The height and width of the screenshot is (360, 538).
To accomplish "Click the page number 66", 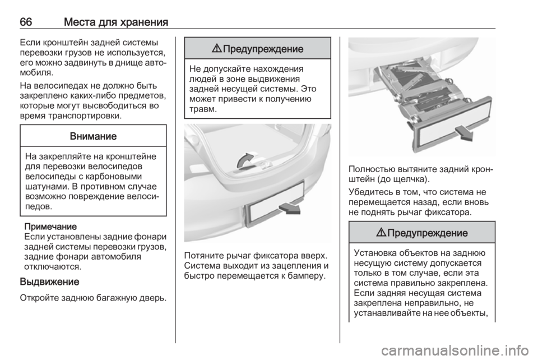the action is (x=26, y=22).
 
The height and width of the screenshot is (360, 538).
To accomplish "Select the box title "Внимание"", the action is (x=94, y=136).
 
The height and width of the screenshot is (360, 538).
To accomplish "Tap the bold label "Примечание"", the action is (x=50, y=227).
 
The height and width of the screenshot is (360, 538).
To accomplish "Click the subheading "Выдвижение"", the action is (x=50, y=281).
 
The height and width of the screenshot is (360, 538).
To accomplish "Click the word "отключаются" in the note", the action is (x=53, y=266).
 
